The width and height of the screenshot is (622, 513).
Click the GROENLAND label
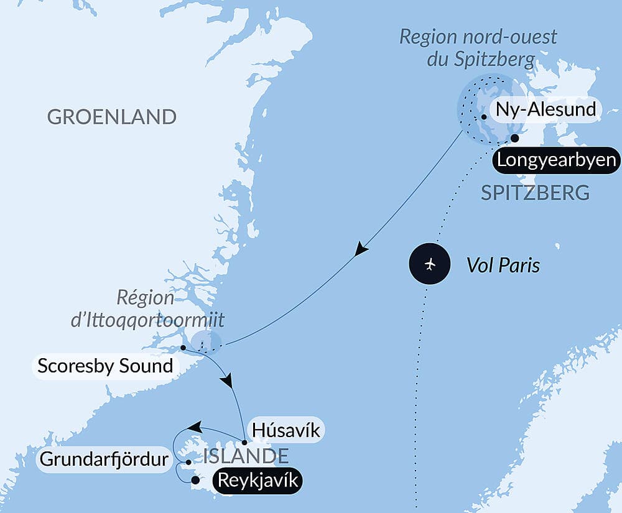tap(112, 117)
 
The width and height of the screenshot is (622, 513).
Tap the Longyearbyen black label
tap(556, 161)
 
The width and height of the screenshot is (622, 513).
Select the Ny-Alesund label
tap(545, 110)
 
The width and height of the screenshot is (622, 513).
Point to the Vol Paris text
tap(503, 266)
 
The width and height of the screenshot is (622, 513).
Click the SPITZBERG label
tap(536, 193)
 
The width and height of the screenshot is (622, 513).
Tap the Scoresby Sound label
tap(105, 366)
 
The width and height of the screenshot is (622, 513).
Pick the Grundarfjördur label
tap(104, 460)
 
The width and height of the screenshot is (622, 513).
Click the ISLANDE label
tap(246, 456)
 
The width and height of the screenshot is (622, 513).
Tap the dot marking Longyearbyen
tap(514, 138)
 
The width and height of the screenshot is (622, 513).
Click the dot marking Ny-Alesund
tap(483, 116)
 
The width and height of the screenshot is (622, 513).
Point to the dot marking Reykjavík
tap(195, 479)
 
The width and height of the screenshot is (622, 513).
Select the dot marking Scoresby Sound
tap(183, 348)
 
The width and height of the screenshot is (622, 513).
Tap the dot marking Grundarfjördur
tap(188, 462)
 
